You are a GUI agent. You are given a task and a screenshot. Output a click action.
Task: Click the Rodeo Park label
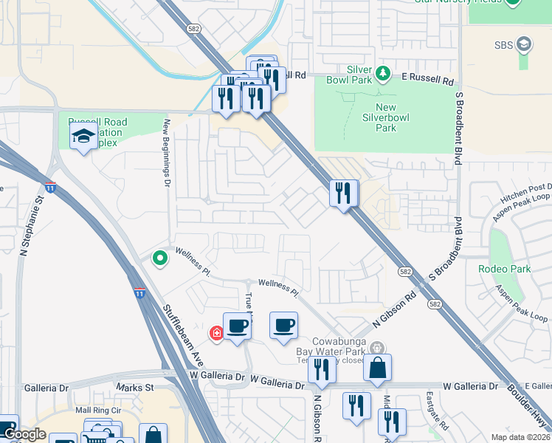[x=504, y=269]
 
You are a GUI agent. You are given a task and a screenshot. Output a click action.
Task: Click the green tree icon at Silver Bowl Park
[x=382, y=73]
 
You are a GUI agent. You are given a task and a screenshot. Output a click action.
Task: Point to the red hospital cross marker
[x=217, y=334]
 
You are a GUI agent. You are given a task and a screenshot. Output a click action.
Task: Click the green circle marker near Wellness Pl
[x=159, y=258]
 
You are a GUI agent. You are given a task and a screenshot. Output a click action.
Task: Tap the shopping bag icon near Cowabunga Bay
[x=377, y=368]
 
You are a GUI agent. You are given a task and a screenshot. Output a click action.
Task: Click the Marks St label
[x=135, y=387]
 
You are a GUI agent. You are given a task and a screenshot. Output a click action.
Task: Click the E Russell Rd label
[x=427, y=75]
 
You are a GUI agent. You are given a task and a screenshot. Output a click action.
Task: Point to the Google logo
[x=24, y=435]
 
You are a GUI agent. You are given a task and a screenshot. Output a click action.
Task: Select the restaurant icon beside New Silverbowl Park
[x=343, y=193]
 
